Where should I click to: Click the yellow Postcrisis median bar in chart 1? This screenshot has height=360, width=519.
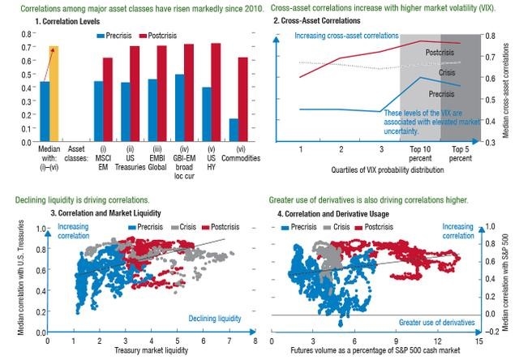(54, 94)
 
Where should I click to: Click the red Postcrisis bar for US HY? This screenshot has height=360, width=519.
(216, 92)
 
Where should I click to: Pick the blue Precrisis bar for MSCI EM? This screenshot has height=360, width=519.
(99, 110)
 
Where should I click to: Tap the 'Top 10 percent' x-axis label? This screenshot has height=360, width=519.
(421, 155)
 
